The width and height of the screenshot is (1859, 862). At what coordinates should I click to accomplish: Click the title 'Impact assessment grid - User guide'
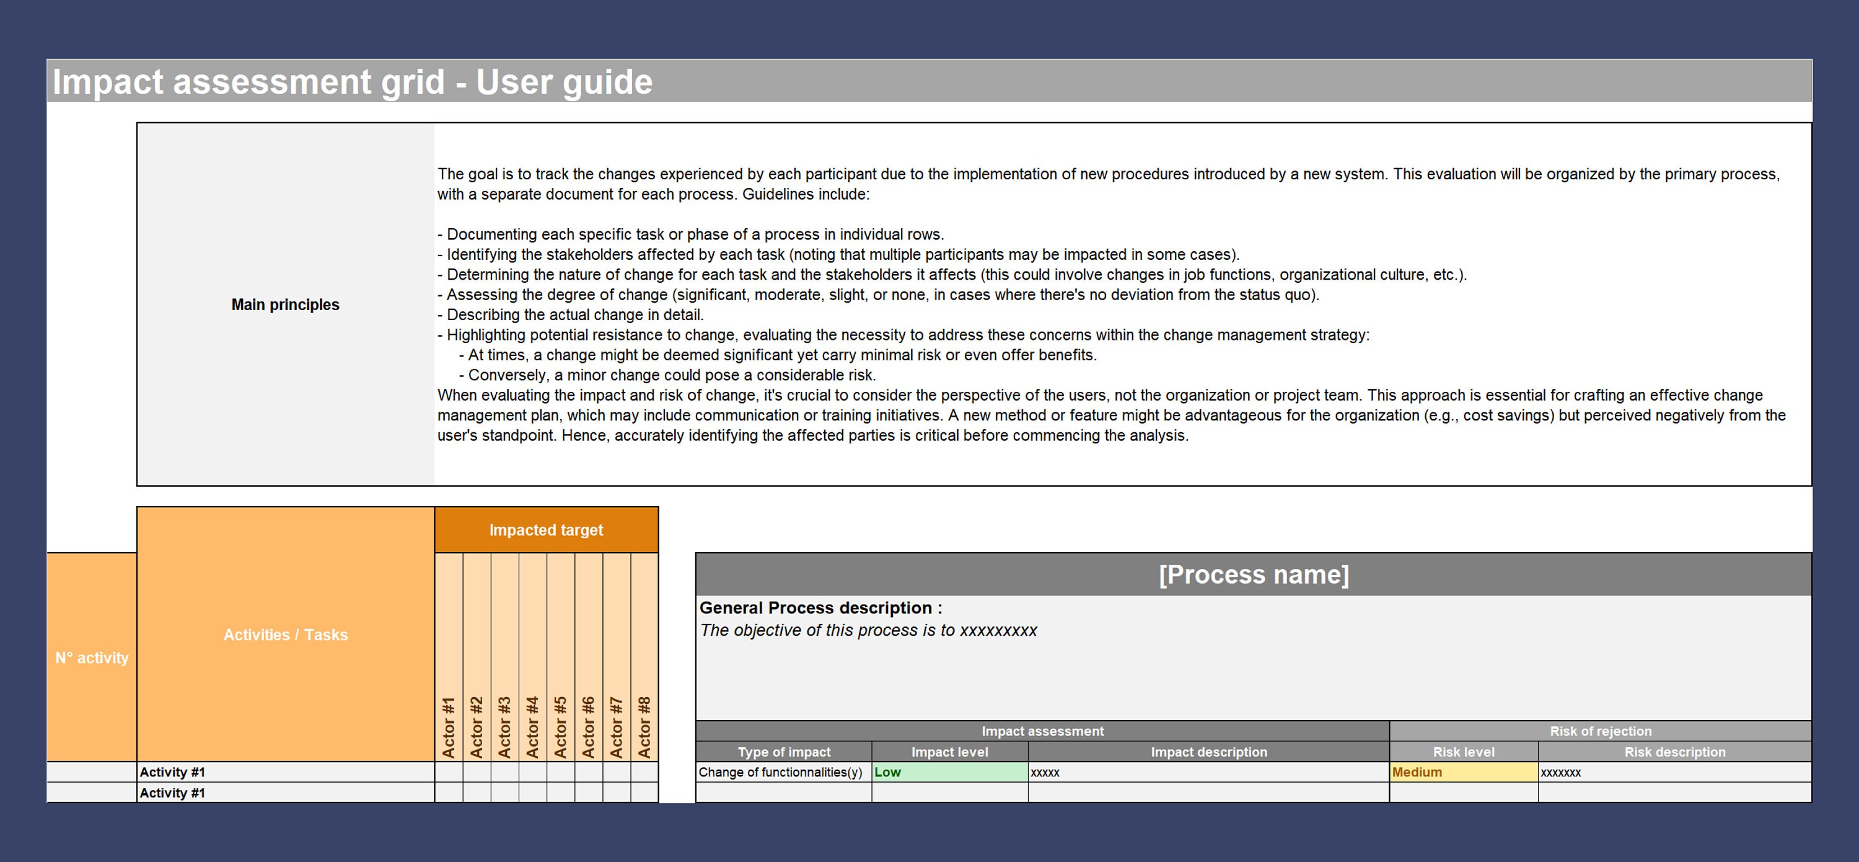tap(352, 82)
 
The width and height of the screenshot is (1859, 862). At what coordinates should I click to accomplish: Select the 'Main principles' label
tap(285, 304)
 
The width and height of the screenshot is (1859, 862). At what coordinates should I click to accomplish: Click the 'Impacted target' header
tap(545, 530)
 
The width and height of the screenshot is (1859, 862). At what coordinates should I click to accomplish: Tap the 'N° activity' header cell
tap(92, 658)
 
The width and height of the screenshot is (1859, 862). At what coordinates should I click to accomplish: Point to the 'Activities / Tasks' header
tap(285, 634)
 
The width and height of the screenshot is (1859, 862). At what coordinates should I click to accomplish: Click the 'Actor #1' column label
tap(448, 727)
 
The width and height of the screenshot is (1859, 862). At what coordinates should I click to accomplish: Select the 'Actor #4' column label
tap(532, 727)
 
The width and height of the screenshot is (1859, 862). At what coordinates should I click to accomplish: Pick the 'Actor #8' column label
tap(644, 727)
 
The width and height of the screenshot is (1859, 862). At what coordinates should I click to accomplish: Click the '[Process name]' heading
tap(1253, 575)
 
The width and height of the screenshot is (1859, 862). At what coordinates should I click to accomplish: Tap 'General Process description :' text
tap(820, 608)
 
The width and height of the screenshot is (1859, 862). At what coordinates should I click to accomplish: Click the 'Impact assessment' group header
tap(1042, 731)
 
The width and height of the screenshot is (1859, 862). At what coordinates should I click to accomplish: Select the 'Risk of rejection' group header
tap(1600, 731)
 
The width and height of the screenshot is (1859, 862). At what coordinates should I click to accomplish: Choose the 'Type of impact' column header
tap(784, 752)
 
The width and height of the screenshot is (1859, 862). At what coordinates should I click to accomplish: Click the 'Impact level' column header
tap(950, 752)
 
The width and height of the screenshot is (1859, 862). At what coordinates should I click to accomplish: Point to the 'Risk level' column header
tap(1464, 752)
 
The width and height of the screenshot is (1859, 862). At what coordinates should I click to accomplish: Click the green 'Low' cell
tap(950, 771)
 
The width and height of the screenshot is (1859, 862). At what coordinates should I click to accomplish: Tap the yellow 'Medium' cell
tap(1464, 771)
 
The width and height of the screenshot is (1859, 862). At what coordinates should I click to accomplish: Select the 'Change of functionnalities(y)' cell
tap(780, 771)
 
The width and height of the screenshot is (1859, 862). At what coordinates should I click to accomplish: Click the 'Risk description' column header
tap(1674, 752)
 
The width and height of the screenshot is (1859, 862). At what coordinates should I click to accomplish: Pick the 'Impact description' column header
tap(1209, 752)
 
